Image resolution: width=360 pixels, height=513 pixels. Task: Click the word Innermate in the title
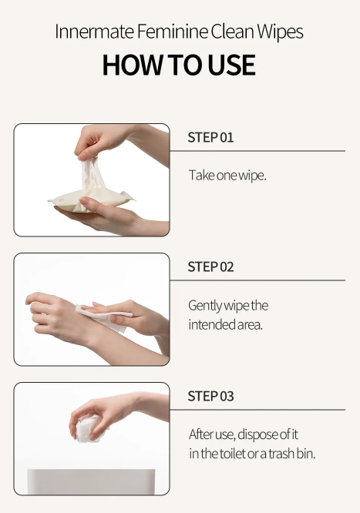click(x=94, y=32)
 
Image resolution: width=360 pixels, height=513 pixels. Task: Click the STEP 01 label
click(x=210, y=137)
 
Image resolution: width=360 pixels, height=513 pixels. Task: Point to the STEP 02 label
click(x=210, y=267)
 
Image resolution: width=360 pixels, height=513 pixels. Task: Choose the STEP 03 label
click(x=210, y=396)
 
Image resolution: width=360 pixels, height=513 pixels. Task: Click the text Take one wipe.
click(x=227, y=175)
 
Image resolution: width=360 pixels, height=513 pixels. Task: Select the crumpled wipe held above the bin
click(x=88, y=428)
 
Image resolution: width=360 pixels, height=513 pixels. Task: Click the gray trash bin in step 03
click(x=91, y=481)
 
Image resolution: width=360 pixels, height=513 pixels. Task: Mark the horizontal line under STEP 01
click(x=257, y=151)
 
